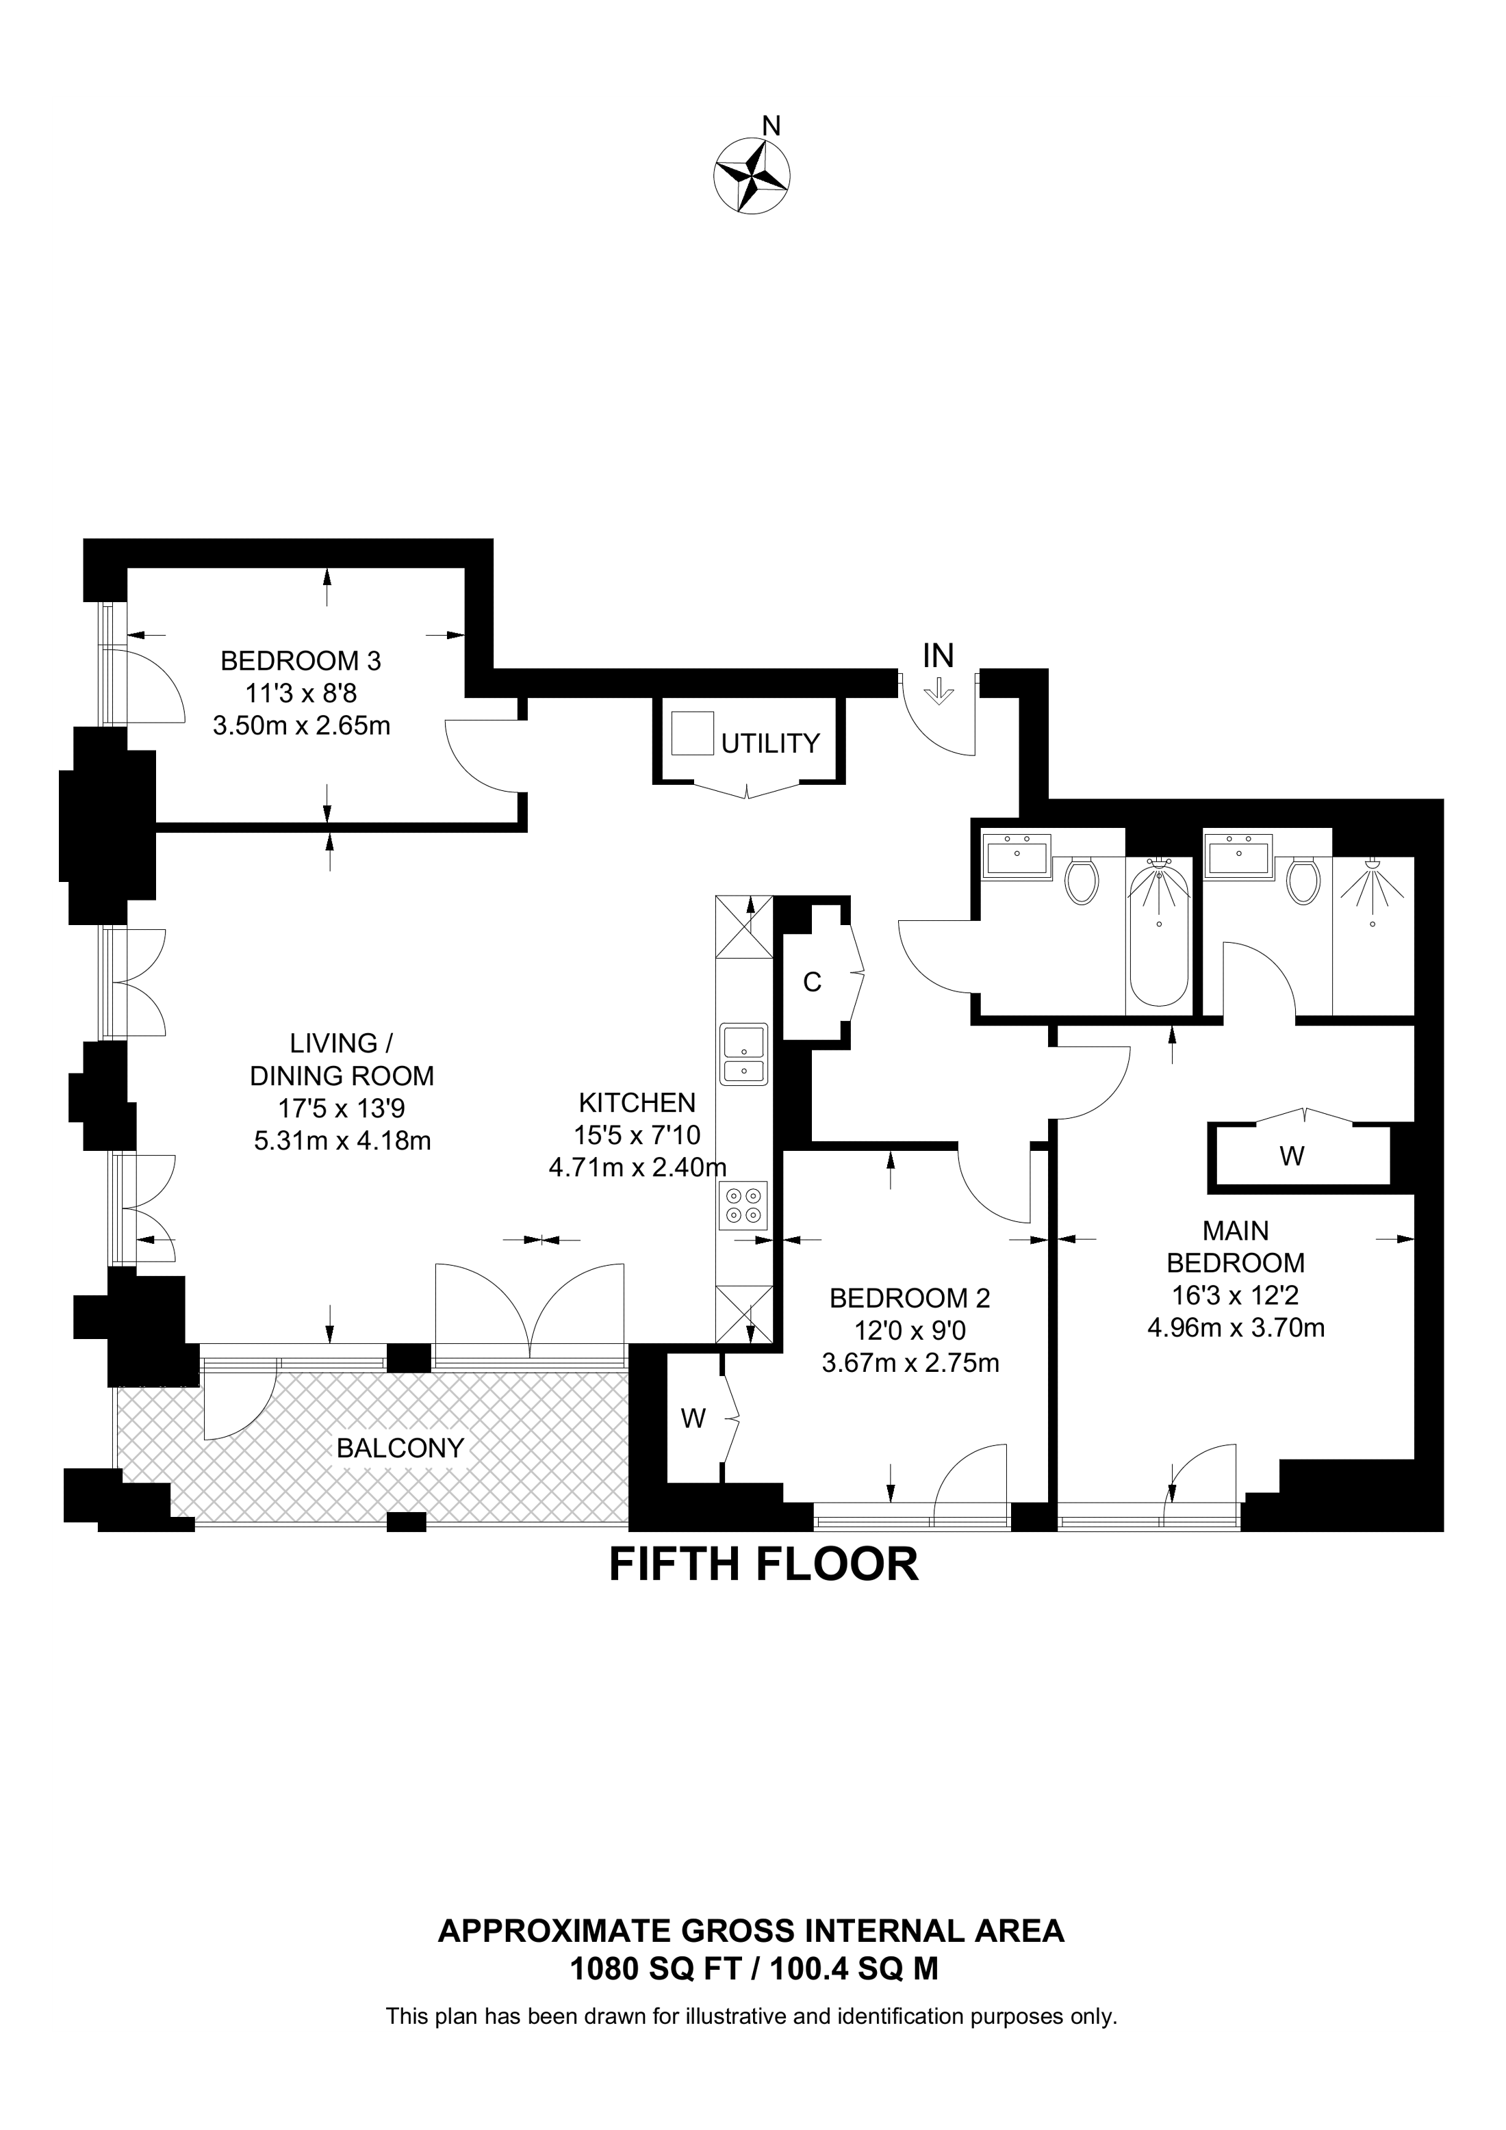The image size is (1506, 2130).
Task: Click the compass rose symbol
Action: [752, 174]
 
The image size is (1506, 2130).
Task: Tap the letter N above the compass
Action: [770, 125]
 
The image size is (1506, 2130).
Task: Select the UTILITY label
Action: [770, 743]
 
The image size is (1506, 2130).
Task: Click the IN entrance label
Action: [938, 656]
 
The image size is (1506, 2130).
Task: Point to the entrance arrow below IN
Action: [939, 691]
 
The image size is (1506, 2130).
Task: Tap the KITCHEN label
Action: [637, 1102]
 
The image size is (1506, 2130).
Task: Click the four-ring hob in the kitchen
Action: [743, 1206]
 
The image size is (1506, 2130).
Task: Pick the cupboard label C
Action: [812, 983]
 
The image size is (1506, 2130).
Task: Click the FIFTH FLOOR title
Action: [763, 1564]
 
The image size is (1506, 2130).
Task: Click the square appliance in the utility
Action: [692, 733]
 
